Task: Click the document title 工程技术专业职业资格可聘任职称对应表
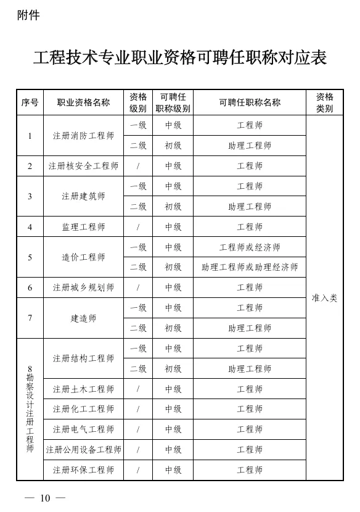click(x=179, y=58)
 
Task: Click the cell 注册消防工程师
click(x=83, y=136)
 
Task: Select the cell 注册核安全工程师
click(x=83, y=166)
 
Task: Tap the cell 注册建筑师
click(x=83, y=196)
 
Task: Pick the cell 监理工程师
click(x=83, y=227)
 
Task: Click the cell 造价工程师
click(x=83, y=257)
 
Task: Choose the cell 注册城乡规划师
click(x=83, y=287)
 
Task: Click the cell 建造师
click(x=83, y=318)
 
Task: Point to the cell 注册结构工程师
click(x=83, y=358)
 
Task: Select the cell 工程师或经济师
click(x=250, y=247)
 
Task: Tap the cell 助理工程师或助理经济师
click(x=250, y=267)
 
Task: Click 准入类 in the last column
click(x=324, y=298)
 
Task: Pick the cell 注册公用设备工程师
click(x=83, y=450)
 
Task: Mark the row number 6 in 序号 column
click(x=30, y=287)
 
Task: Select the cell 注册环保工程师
click(x=83, y=470)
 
